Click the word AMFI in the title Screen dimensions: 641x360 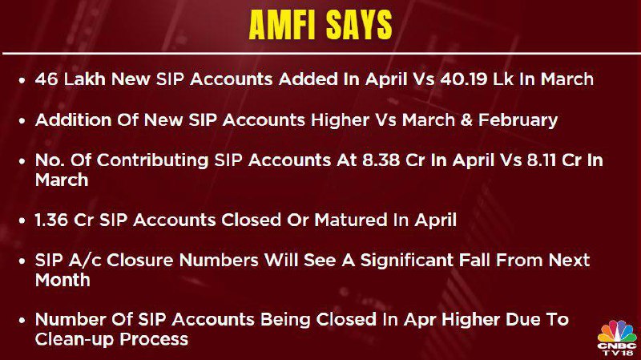[283, 25]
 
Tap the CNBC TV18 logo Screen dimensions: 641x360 [617, 338]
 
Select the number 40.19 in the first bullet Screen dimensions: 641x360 [464, 79]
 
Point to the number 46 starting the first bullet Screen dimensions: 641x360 [46, 79]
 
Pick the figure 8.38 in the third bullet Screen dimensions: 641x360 [380, 160]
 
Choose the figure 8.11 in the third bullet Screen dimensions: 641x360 [542, 160]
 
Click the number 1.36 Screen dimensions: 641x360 [51, 220]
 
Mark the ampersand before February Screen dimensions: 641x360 [466, 120]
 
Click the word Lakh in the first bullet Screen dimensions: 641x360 [85, 79]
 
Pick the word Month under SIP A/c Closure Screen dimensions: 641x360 [62, 281]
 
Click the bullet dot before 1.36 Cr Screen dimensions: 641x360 [22, 221]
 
